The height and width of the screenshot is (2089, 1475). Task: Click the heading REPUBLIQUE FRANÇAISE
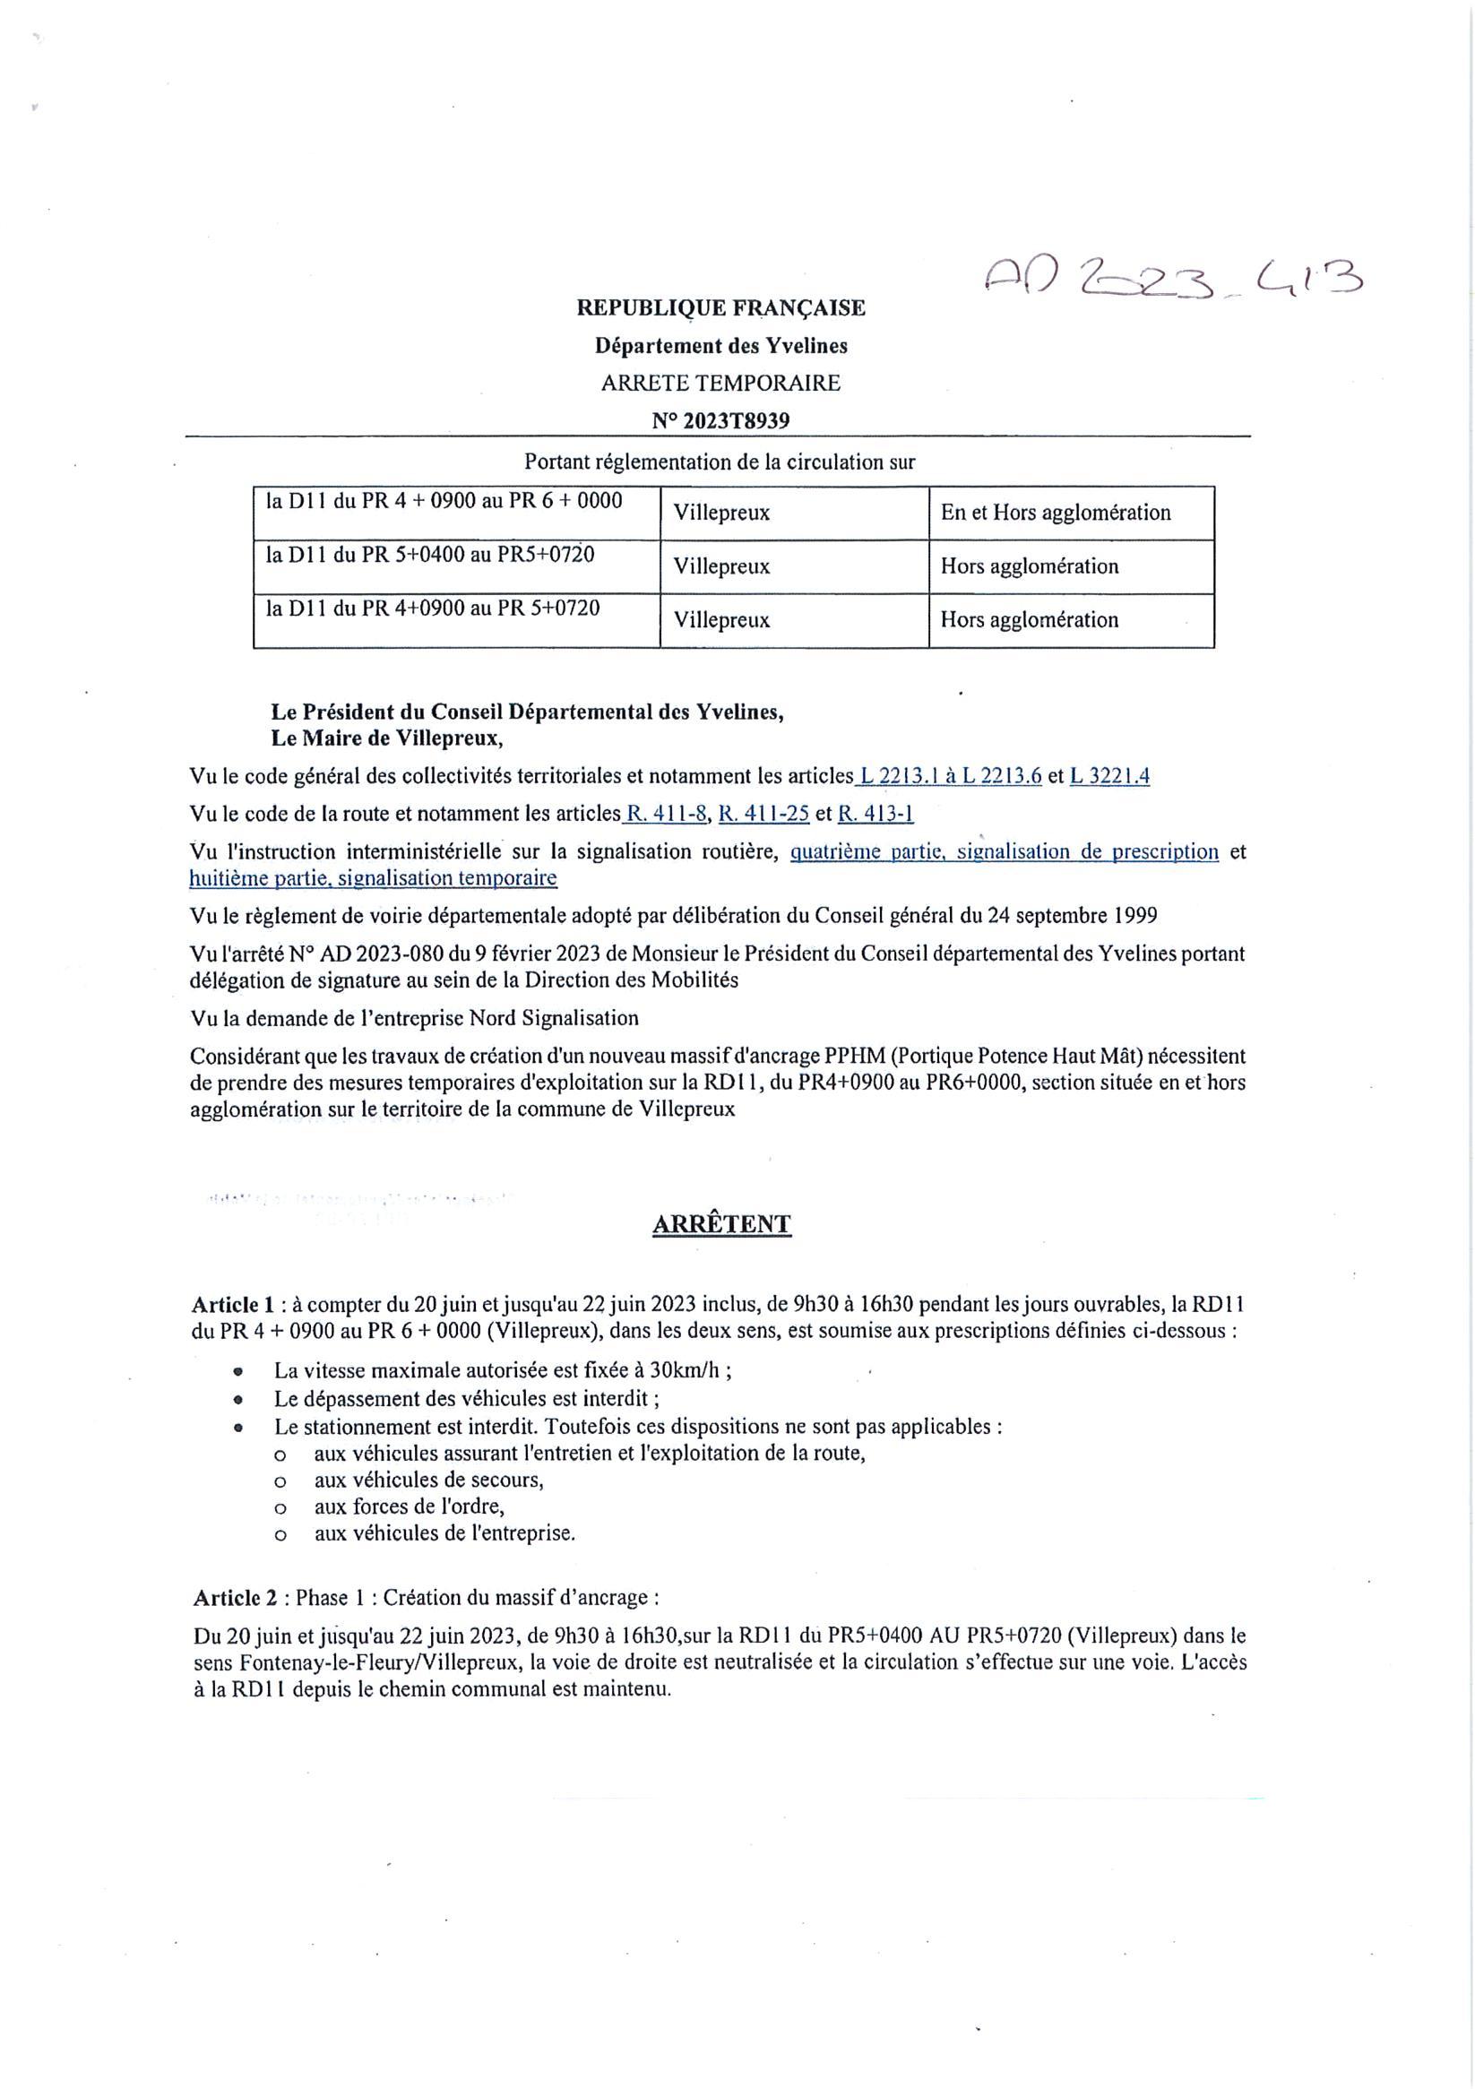720,308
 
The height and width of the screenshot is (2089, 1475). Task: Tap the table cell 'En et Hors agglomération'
1056,513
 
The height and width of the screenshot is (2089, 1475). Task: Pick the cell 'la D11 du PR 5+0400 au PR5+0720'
430,554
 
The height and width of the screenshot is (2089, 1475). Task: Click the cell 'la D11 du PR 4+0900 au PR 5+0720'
433,608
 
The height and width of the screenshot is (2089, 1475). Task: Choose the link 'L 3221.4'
1109,776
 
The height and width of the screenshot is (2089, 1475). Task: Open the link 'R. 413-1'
876,814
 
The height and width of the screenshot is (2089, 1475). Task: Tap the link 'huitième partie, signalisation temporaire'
373,878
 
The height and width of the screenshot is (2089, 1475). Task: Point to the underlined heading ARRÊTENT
721,1225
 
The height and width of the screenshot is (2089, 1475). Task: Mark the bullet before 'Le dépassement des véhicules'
238,1398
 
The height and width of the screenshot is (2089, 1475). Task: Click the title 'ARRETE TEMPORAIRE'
720,383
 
